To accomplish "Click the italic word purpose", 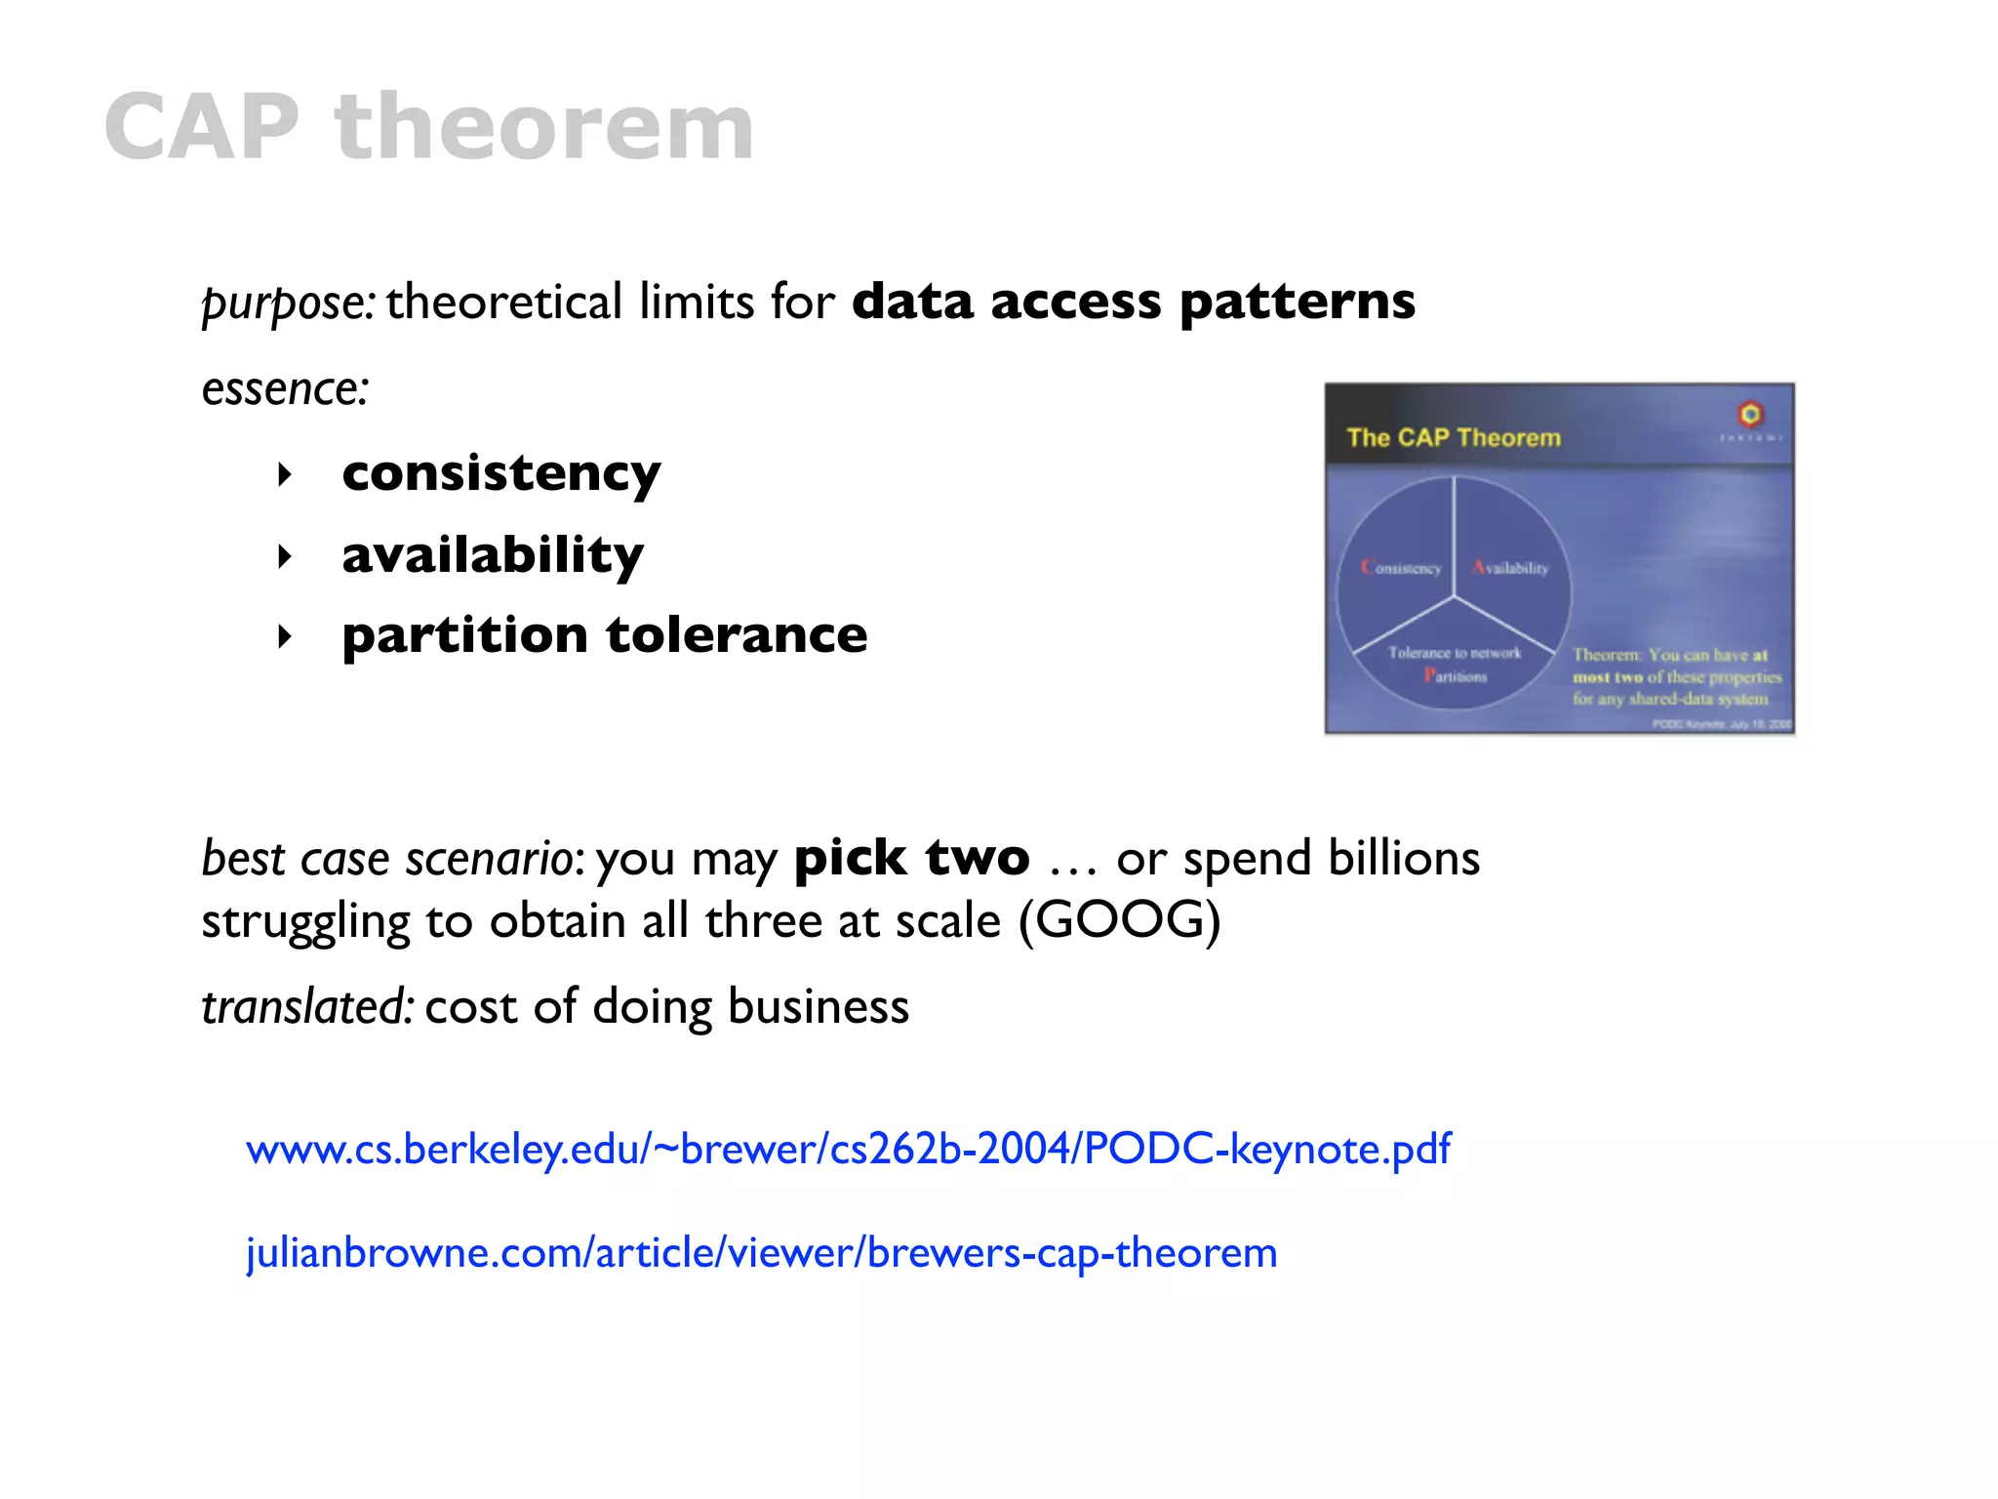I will [285, 303].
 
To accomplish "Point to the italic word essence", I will [283, 388].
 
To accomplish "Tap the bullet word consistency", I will [500, 474].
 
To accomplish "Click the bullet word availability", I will [493, 555].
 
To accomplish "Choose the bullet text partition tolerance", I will [604, 636].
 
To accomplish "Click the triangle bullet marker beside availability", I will [284, 557].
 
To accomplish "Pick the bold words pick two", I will [911, 859].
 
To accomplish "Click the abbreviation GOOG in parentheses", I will [1120, 920].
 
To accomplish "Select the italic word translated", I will [305, 1007].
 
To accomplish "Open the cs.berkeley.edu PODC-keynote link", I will [848, 1149].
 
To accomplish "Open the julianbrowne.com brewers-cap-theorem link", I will [761, 1253].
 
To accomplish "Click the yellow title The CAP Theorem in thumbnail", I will [1453, 437].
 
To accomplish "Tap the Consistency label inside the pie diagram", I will [1401, 568].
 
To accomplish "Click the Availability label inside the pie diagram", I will [1510, 568].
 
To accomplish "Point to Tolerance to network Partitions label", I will [1454, 664].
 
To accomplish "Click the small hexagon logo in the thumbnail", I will [1750, 414].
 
